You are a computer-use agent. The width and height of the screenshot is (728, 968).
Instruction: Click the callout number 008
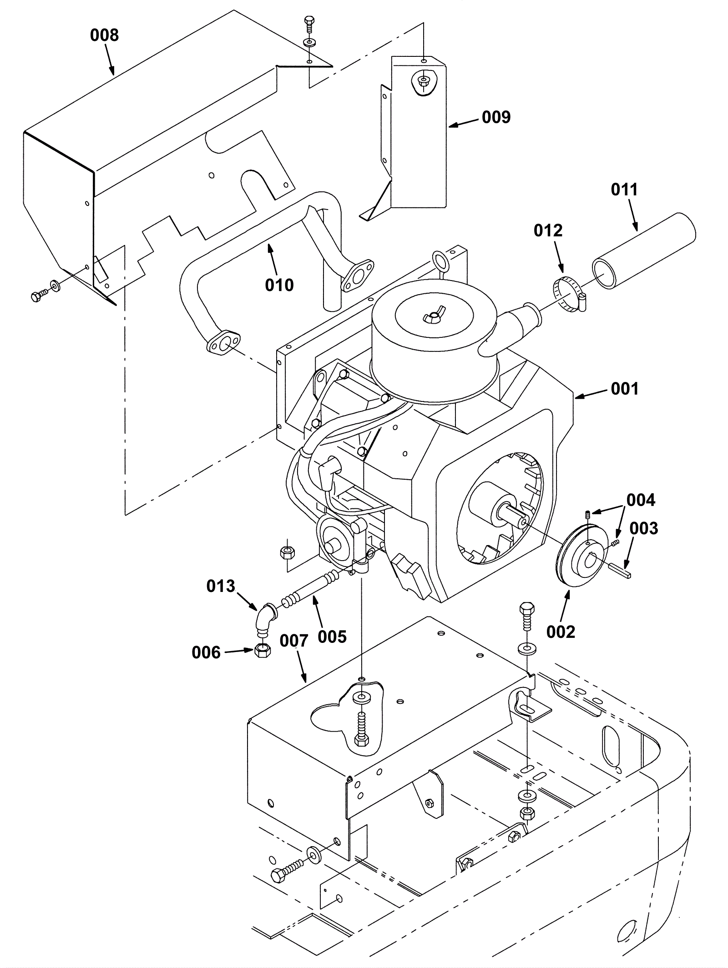point(104,35)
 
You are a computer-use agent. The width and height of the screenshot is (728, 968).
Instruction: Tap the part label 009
point(496,117)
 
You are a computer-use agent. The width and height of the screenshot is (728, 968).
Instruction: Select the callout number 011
point(624,189)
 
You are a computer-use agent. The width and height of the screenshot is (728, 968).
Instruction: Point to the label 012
point(548,231)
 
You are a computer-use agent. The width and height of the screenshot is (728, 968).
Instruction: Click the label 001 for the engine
point(625,388)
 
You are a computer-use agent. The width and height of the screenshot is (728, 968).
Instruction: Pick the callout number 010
point(279,285)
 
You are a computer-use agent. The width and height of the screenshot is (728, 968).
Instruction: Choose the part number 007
point(294,641)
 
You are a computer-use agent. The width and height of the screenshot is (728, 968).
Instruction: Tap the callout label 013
point(221,586)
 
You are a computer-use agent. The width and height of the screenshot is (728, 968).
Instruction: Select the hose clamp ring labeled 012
point(569,295)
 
